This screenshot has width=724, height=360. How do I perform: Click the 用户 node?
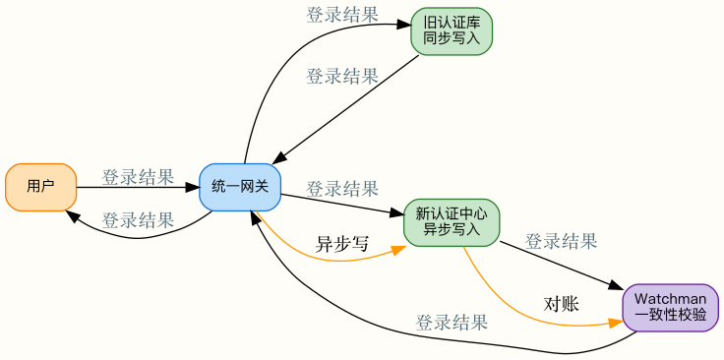[x=40, y=187]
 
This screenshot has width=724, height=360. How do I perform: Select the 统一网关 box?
[x=240, y=187]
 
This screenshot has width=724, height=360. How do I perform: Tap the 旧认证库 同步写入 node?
[x=452, y=31]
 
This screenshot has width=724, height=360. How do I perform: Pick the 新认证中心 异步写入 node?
[x=452, y=222]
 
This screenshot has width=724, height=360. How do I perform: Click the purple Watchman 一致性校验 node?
[x=670, y=307]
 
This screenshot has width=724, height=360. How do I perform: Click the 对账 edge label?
[x=562, y=304]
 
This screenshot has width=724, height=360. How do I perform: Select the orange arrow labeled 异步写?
[x=334, y=260]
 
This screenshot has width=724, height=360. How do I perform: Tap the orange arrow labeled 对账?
[x=531, y=313]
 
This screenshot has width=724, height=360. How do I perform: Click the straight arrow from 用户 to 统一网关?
[x=138, y=187]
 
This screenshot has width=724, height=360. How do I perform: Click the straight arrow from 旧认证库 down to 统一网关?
[x=344, y=108]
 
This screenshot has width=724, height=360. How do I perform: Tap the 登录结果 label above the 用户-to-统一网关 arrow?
[x=138, y=177]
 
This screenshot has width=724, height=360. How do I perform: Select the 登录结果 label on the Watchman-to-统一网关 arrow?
[x=452, y=322]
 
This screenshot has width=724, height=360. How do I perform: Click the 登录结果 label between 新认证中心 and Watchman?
[x=561, y=241]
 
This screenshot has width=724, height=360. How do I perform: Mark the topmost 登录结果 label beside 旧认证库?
[x=342, y=14]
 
